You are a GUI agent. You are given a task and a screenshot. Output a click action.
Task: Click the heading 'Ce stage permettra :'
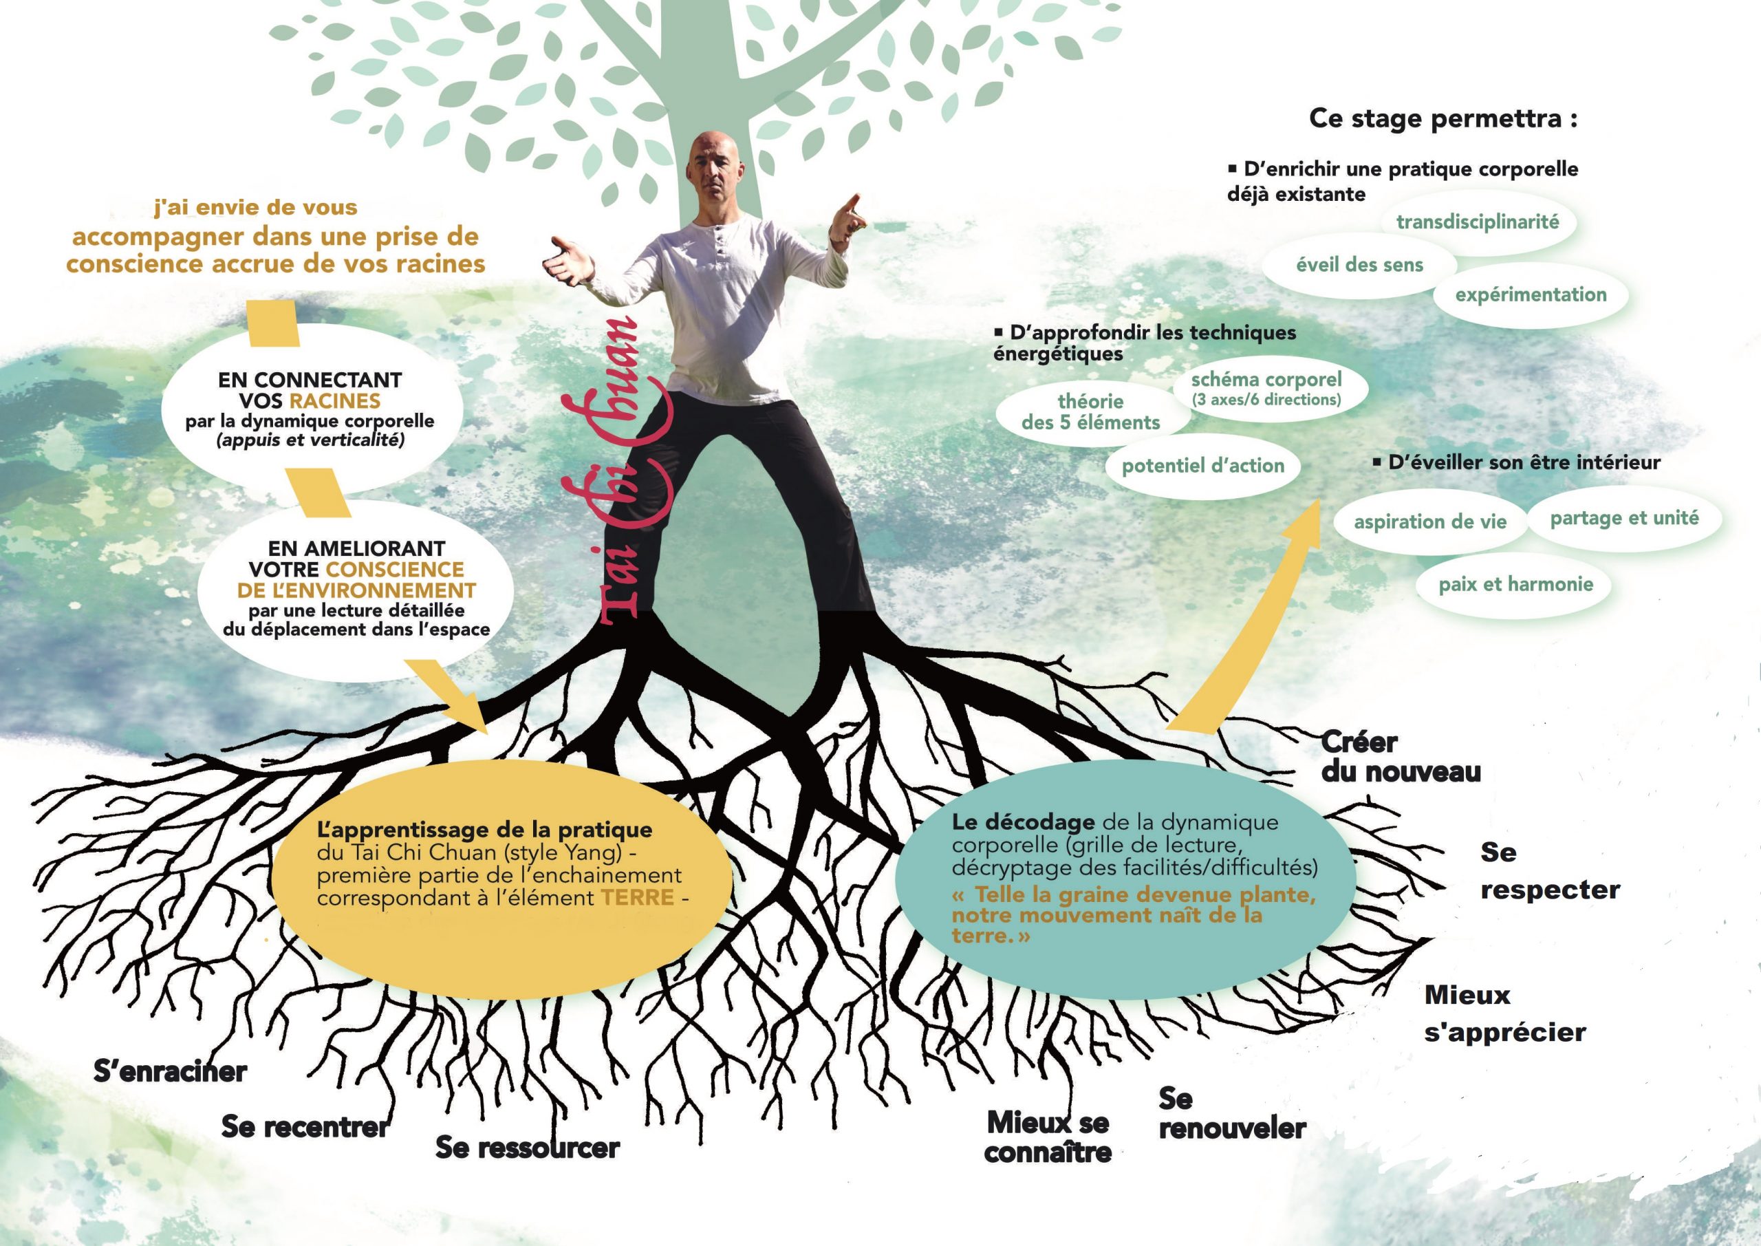1443,119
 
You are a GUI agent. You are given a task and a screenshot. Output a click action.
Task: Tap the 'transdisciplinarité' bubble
1477,222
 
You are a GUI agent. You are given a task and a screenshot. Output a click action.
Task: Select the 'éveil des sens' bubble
1359,266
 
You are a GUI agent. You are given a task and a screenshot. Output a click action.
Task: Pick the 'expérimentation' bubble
1530,294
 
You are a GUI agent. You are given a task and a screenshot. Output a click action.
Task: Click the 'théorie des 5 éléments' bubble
1091,412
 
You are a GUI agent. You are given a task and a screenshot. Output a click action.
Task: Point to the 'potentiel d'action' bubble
1202,466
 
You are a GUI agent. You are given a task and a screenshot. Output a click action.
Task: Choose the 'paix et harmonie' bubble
1515,585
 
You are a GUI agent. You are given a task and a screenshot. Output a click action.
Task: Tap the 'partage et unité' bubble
1623,519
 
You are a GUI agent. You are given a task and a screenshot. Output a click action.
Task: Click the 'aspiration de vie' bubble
1429,522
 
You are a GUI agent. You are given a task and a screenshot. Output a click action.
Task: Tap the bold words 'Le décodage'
1022,822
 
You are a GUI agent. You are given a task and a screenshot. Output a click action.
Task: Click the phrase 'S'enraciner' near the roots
171,1072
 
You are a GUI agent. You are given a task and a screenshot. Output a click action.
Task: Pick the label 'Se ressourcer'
527,1148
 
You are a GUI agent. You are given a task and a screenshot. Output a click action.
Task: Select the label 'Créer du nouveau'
1400,758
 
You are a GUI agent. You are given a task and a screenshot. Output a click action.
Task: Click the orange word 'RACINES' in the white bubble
334,400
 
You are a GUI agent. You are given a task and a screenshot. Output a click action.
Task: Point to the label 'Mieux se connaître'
1048,1137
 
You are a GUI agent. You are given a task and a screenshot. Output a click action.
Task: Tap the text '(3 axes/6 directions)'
1266,400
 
